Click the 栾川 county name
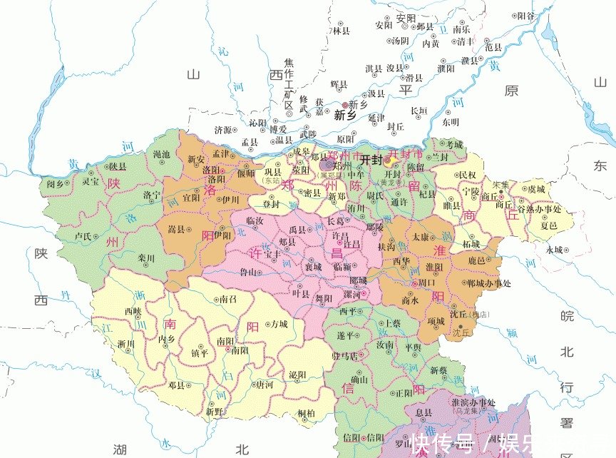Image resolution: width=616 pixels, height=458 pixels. (146, 258)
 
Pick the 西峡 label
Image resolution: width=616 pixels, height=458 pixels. (133, 311)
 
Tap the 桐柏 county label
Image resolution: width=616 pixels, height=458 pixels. (307, 413)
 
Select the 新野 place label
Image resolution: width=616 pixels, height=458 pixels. (214, 412)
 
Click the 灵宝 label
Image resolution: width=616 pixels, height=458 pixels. (90, 181)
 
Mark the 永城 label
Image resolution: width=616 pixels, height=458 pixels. (554, 250)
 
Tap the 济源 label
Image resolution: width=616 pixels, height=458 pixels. (222, 130)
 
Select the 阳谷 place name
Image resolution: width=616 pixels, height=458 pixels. (525, 16)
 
